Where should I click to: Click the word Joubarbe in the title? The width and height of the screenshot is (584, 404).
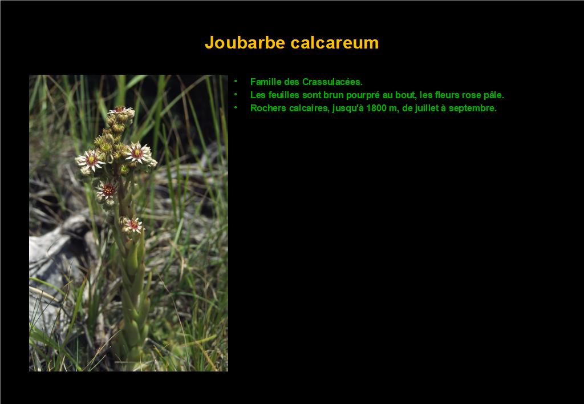246,42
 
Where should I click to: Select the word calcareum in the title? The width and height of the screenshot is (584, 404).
335,42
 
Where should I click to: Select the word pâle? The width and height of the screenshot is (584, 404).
494,95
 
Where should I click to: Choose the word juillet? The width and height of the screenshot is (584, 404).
427,108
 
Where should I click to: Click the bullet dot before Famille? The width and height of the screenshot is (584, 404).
236,81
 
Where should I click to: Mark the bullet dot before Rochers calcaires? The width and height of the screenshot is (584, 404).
236,108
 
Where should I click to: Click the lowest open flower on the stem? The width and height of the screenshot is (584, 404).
132,225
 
